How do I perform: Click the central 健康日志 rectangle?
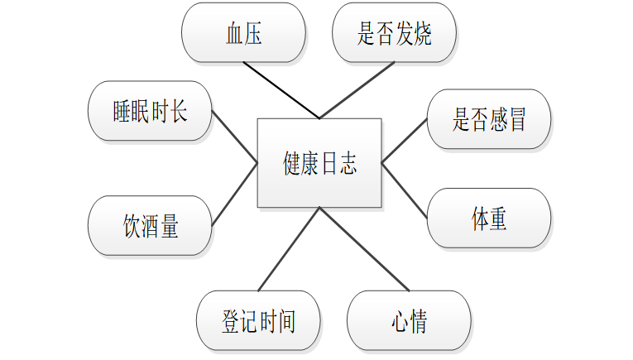319,163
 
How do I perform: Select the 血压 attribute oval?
243,33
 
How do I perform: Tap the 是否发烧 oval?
394,33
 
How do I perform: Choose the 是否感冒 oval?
489,119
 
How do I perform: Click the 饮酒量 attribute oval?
151,226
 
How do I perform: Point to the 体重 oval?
489,218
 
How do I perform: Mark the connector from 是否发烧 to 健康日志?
356,90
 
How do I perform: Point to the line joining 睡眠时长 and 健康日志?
235,137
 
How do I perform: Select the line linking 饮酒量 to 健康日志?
235,194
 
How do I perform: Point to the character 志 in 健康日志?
348,163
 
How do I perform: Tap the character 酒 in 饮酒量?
151,226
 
